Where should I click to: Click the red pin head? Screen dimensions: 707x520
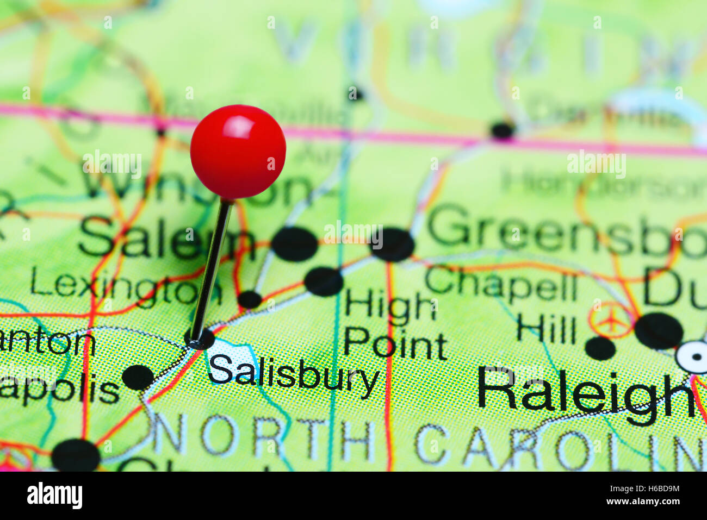[x=238, y=151]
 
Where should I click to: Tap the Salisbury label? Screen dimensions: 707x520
[x=293, y=375]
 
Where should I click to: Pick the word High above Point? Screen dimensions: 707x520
[x=390, y=306]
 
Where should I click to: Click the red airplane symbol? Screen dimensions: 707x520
[x=612, y=321]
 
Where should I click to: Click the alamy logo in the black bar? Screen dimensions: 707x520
[x=54, y=496]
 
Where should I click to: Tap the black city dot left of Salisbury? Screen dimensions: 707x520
[x=138, y=377]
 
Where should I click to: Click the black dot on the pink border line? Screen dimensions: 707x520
[x=502, y=130]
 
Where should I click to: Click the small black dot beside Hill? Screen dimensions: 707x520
[x=600, y=348]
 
